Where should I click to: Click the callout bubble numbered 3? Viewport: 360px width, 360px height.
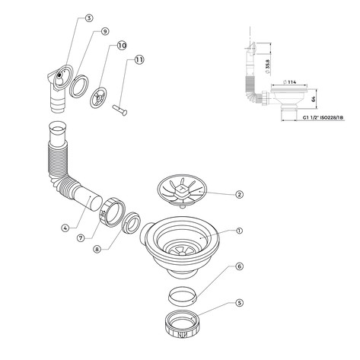(x=89, y=18)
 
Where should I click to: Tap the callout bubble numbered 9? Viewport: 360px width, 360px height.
(x=104, y=31)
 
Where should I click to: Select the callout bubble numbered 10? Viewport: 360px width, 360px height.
(x=122, y=46)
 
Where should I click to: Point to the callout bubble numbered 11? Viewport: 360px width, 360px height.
(x=139, y=60)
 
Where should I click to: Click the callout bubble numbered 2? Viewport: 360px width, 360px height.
(x=239, y=195)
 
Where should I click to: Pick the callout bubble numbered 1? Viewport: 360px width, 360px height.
(x=239, y=231)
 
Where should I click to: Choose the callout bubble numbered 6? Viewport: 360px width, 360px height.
(x=239, y=266)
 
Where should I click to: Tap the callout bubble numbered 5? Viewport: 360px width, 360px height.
(x=239, y=303)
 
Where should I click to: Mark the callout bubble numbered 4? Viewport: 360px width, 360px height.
(x=65, y=228)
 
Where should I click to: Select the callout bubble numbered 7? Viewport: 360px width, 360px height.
(x=81, y=238)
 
